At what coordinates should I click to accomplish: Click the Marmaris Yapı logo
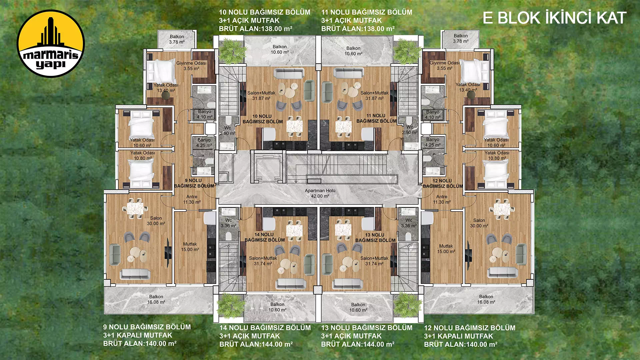point(51,44)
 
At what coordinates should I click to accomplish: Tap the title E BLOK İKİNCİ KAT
point(554,18)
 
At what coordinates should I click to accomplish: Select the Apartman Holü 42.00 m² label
point(320,193)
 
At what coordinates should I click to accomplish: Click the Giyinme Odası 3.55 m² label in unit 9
point(191,66)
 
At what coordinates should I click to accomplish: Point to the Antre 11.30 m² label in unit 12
point(442,199)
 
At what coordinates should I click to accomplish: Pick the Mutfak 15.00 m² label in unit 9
point(190,247)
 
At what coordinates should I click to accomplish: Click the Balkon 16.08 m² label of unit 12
point(486,299)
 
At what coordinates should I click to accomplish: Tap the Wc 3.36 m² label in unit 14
point(228,223)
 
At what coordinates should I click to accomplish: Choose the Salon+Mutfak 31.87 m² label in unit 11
point(374,96)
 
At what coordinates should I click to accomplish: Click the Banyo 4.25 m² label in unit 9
point(204,143)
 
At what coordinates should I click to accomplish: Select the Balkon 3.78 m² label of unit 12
point(461,38)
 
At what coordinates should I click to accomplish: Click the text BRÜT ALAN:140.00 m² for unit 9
point(140,343)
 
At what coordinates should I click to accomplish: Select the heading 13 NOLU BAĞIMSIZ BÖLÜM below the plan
point(367,328)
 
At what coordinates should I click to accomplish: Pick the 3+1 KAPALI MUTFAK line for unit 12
point(458,336)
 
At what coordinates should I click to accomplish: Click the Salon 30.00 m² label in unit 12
point(479,223)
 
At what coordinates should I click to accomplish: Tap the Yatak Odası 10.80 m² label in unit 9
point(142,155)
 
